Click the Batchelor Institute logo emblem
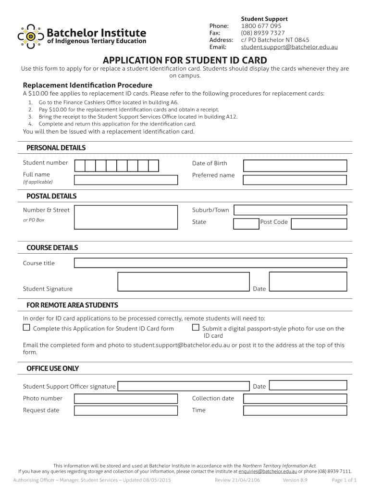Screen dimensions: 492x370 pos(31,37)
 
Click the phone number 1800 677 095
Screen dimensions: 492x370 pos(261,26)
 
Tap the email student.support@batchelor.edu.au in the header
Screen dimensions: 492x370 pos(289,47)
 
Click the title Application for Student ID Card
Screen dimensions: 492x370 pos(185,61)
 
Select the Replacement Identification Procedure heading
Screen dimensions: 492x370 pos(87,85)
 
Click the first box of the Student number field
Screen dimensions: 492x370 pos(80,166)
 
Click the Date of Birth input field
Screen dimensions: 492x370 pos(295,166)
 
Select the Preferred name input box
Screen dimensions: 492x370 pos(295,180)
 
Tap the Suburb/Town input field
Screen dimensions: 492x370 pos(290,210)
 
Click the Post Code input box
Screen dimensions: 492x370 pos(319,224)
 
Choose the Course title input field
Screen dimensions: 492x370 pos(210,263)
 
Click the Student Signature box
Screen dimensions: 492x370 pos(184,282)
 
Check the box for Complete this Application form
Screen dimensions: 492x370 pos(26,328)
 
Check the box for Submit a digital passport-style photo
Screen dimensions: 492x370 pos(196,328)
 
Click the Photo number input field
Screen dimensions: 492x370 pos(126,399)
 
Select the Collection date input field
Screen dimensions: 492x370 pos(295,399)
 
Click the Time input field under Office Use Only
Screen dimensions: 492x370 pos(295,411)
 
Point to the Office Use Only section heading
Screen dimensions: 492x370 pos(52,369)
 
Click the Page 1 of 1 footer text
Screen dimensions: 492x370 pos(344,480)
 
